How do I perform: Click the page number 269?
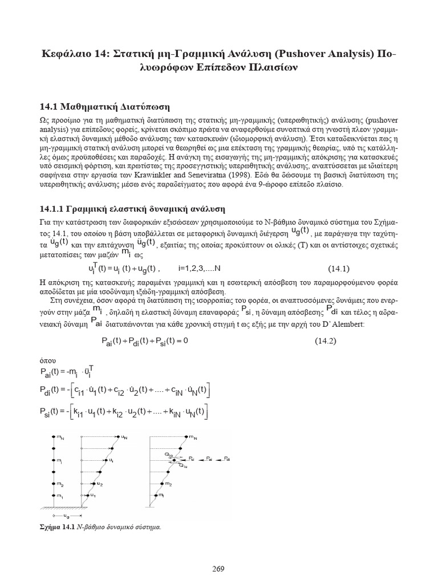219,552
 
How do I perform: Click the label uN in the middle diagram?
124,437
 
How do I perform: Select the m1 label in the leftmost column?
59,496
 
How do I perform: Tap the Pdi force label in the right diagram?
227,458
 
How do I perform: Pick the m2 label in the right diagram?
183,483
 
